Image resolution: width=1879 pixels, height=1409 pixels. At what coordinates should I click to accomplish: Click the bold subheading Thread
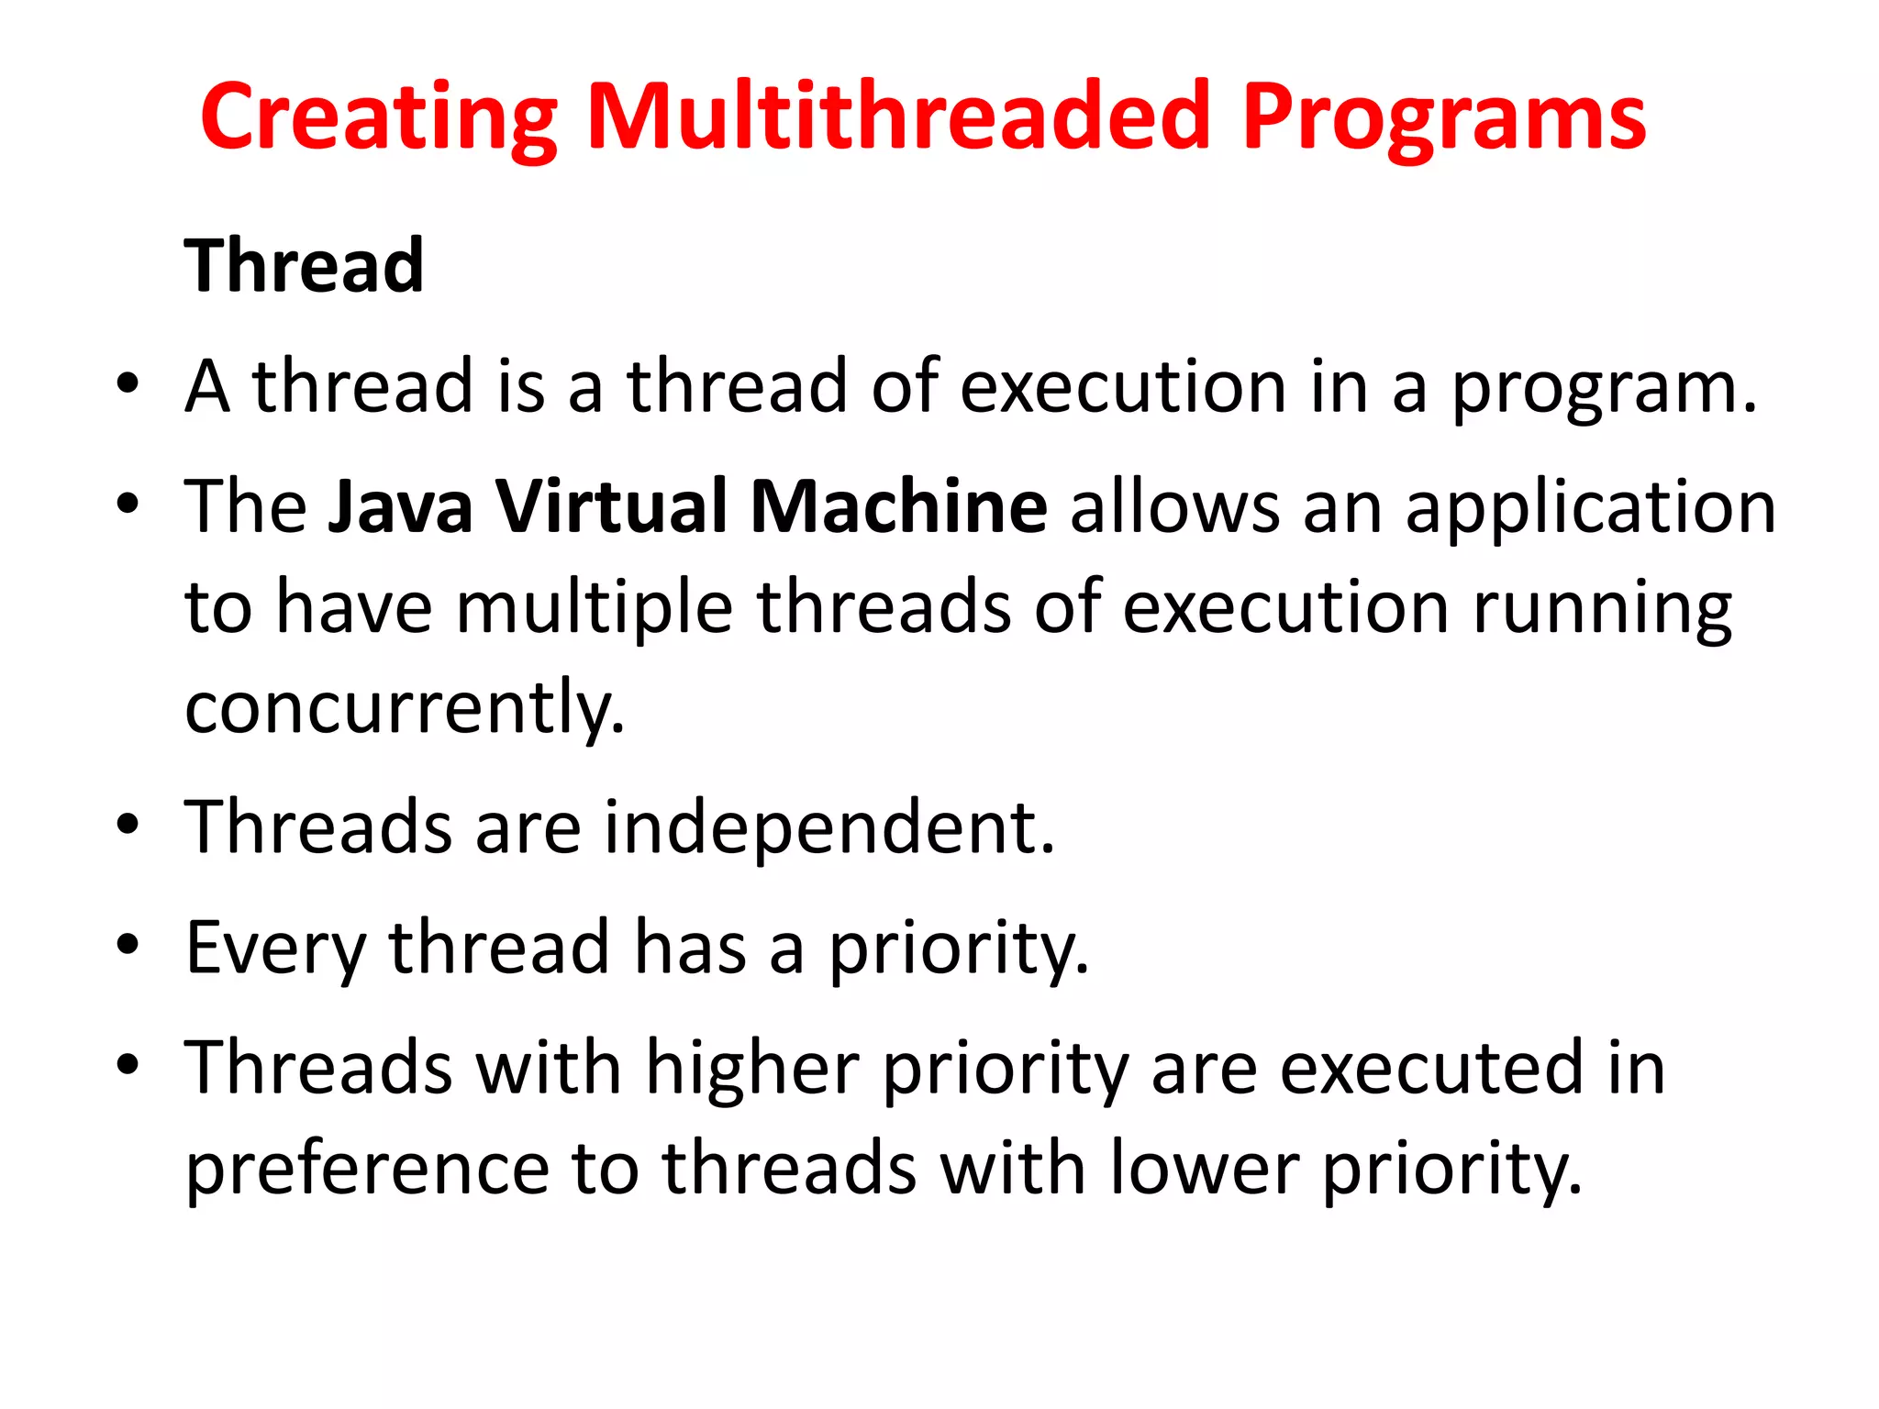point(304,266)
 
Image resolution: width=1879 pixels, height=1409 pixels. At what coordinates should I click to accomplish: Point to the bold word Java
point(401,506)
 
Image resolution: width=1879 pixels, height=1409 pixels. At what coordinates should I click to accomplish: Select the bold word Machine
point(898,506)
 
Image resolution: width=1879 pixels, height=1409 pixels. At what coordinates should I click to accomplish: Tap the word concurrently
point(405,708)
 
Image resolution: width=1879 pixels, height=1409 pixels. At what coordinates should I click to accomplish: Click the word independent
point(829,827)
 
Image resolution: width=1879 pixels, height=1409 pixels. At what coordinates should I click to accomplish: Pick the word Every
point(275,949)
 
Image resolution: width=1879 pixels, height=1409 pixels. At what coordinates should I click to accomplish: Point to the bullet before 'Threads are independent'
point(128,824)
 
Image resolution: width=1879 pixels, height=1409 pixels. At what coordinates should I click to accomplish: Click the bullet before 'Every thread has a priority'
point(128,944)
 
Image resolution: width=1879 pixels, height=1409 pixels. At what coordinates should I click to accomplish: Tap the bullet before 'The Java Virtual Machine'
point(128,503)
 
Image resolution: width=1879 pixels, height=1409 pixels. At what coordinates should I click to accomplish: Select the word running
point(1602,608)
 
